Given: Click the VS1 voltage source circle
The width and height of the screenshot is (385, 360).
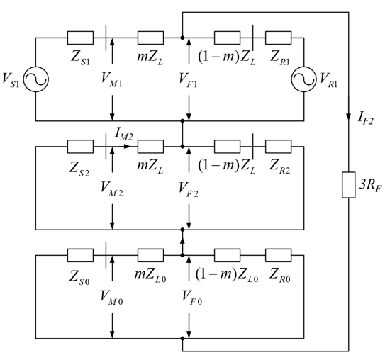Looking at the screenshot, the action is click(x=36, y=79).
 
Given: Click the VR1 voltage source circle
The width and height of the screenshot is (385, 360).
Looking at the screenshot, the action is click(x=303, y=79).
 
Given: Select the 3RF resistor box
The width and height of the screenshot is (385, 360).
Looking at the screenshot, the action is click(x=348, y=185).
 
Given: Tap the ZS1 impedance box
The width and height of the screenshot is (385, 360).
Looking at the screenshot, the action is click(x=80, y=38).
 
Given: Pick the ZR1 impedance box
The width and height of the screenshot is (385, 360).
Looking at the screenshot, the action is click(x=278, y=38).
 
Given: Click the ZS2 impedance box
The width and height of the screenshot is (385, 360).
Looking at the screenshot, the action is click(x=80, y=147).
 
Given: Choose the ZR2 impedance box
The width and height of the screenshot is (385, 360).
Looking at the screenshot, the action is click(x=278, y=147).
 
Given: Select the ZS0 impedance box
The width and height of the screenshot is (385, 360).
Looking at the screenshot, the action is click(x=80, y=255).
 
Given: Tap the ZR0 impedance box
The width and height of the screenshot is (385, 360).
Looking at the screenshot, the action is click(x=278, y=255).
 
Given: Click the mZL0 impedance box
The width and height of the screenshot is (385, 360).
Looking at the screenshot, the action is click(x=150, y=255).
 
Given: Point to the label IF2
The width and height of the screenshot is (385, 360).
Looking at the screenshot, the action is click(x=365, y=118).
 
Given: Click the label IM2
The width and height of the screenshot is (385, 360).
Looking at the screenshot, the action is click(x=124, y=135).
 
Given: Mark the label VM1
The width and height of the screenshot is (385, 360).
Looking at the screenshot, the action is click(x=112, y=79).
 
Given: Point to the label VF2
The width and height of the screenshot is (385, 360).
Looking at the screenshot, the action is click(x=189, y=189).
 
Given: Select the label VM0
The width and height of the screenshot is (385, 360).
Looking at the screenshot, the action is click(x=112, y=298).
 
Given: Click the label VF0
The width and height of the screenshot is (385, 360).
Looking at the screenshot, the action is click(x=192, y=298).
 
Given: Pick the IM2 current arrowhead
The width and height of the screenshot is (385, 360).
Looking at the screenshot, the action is click(x=127, y=147).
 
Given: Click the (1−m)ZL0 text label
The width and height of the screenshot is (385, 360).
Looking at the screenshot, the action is click(x=227, y=274).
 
